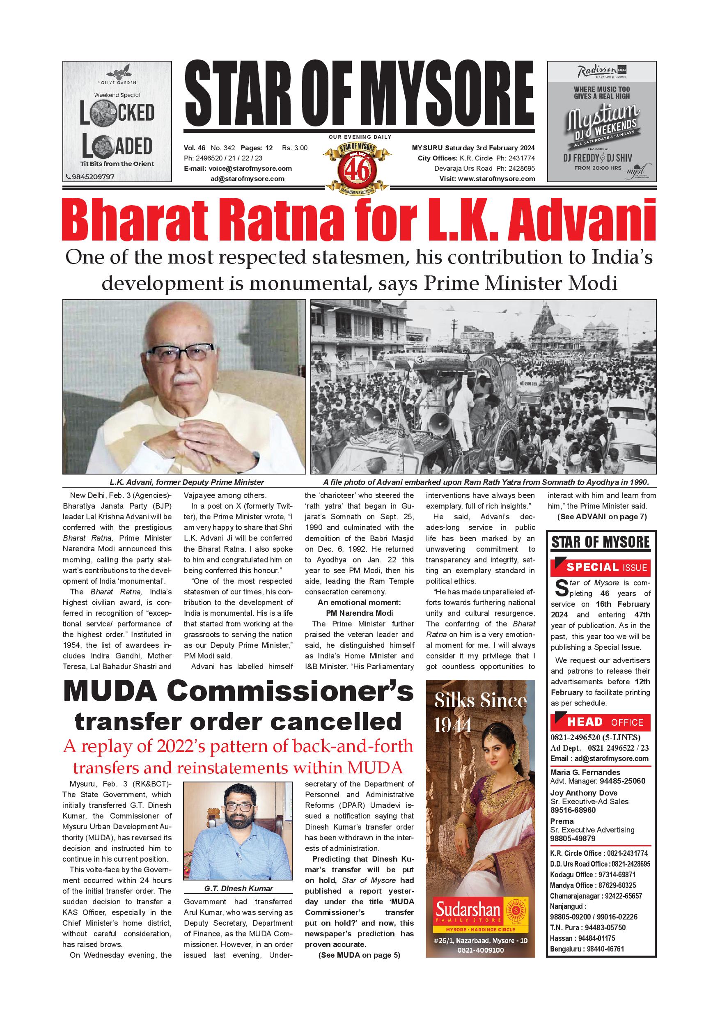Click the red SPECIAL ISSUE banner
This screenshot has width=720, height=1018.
[600, 567]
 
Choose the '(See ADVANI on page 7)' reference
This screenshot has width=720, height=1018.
[602, 516]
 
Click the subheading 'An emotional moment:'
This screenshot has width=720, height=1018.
[359, 603]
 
